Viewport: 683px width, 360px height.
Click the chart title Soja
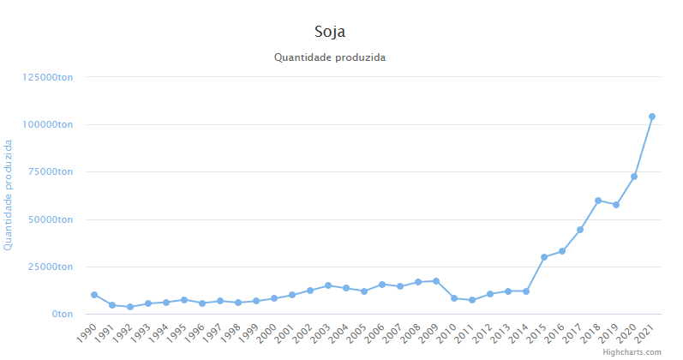(330, 32)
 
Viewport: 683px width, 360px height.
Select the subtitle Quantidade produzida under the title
(330, 57)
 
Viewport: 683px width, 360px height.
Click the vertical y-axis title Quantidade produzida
(9, 195)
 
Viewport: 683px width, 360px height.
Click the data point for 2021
(652, 117)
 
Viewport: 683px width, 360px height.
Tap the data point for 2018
(598, 201)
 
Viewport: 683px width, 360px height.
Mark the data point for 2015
(544, 257)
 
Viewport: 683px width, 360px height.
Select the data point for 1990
(94, 295)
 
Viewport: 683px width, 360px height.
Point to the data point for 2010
(454, 298)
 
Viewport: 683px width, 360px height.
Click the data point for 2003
(328, 285)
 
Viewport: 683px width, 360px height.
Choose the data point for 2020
(634, 177)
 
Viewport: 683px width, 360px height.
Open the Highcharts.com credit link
(632, 352)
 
